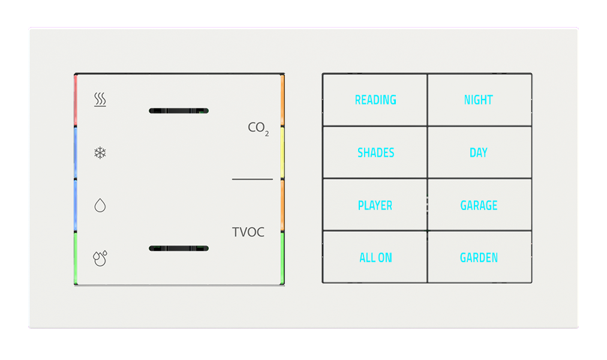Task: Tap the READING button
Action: (375, 100)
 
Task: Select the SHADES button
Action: (375, 152)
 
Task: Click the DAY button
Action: (479, 152)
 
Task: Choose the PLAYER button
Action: (375, 205)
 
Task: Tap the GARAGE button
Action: (479, 205)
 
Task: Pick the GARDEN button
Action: (479, 257)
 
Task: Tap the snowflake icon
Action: (100, 153)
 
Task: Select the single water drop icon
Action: (100, 206)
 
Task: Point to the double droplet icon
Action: (100, 258)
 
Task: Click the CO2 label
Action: (258, 128)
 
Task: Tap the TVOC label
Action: (248, 232)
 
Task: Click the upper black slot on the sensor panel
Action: (178, 111)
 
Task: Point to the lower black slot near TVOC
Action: (178, 248)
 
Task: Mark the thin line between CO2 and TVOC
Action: (252, 179)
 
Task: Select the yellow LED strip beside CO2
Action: (282, 152)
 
